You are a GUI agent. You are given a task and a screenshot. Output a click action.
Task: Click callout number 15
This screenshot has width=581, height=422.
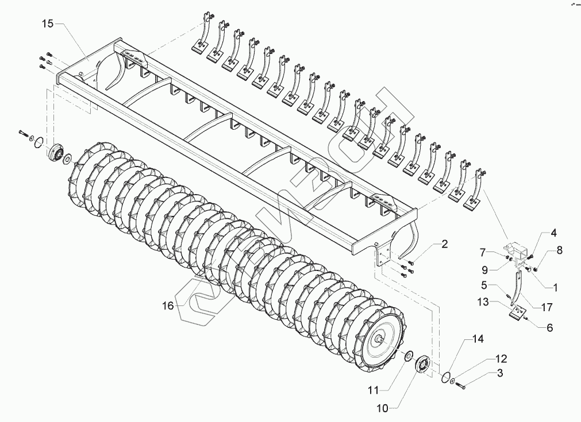pyautogui.click(x=47, y=24)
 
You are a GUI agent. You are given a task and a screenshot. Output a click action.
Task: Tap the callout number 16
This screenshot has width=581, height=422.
pyautogui.click(x=167, y=306)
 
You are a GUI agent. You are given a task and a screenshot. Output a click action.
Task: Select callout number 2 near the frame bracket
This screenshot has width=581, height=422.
pyautogui.click(x=445, y=244)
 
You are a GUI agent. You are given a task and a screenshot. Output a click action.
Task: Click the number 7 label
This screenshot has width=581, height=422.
pyautogui.click(x=484, y=251)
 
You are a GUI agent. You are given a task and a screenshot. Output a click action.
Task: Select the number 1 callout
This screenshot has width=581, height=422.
pyautogui.click(x=555, y=286)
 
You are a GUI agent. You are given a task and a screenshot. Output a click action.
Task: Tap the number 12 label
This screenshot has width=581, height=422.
pyautogui.click(x=501, y=359)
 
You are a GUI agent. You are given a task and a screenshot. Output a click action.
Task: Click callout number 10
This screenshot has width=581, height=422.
pyautogui.click(x=382, y=408)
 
